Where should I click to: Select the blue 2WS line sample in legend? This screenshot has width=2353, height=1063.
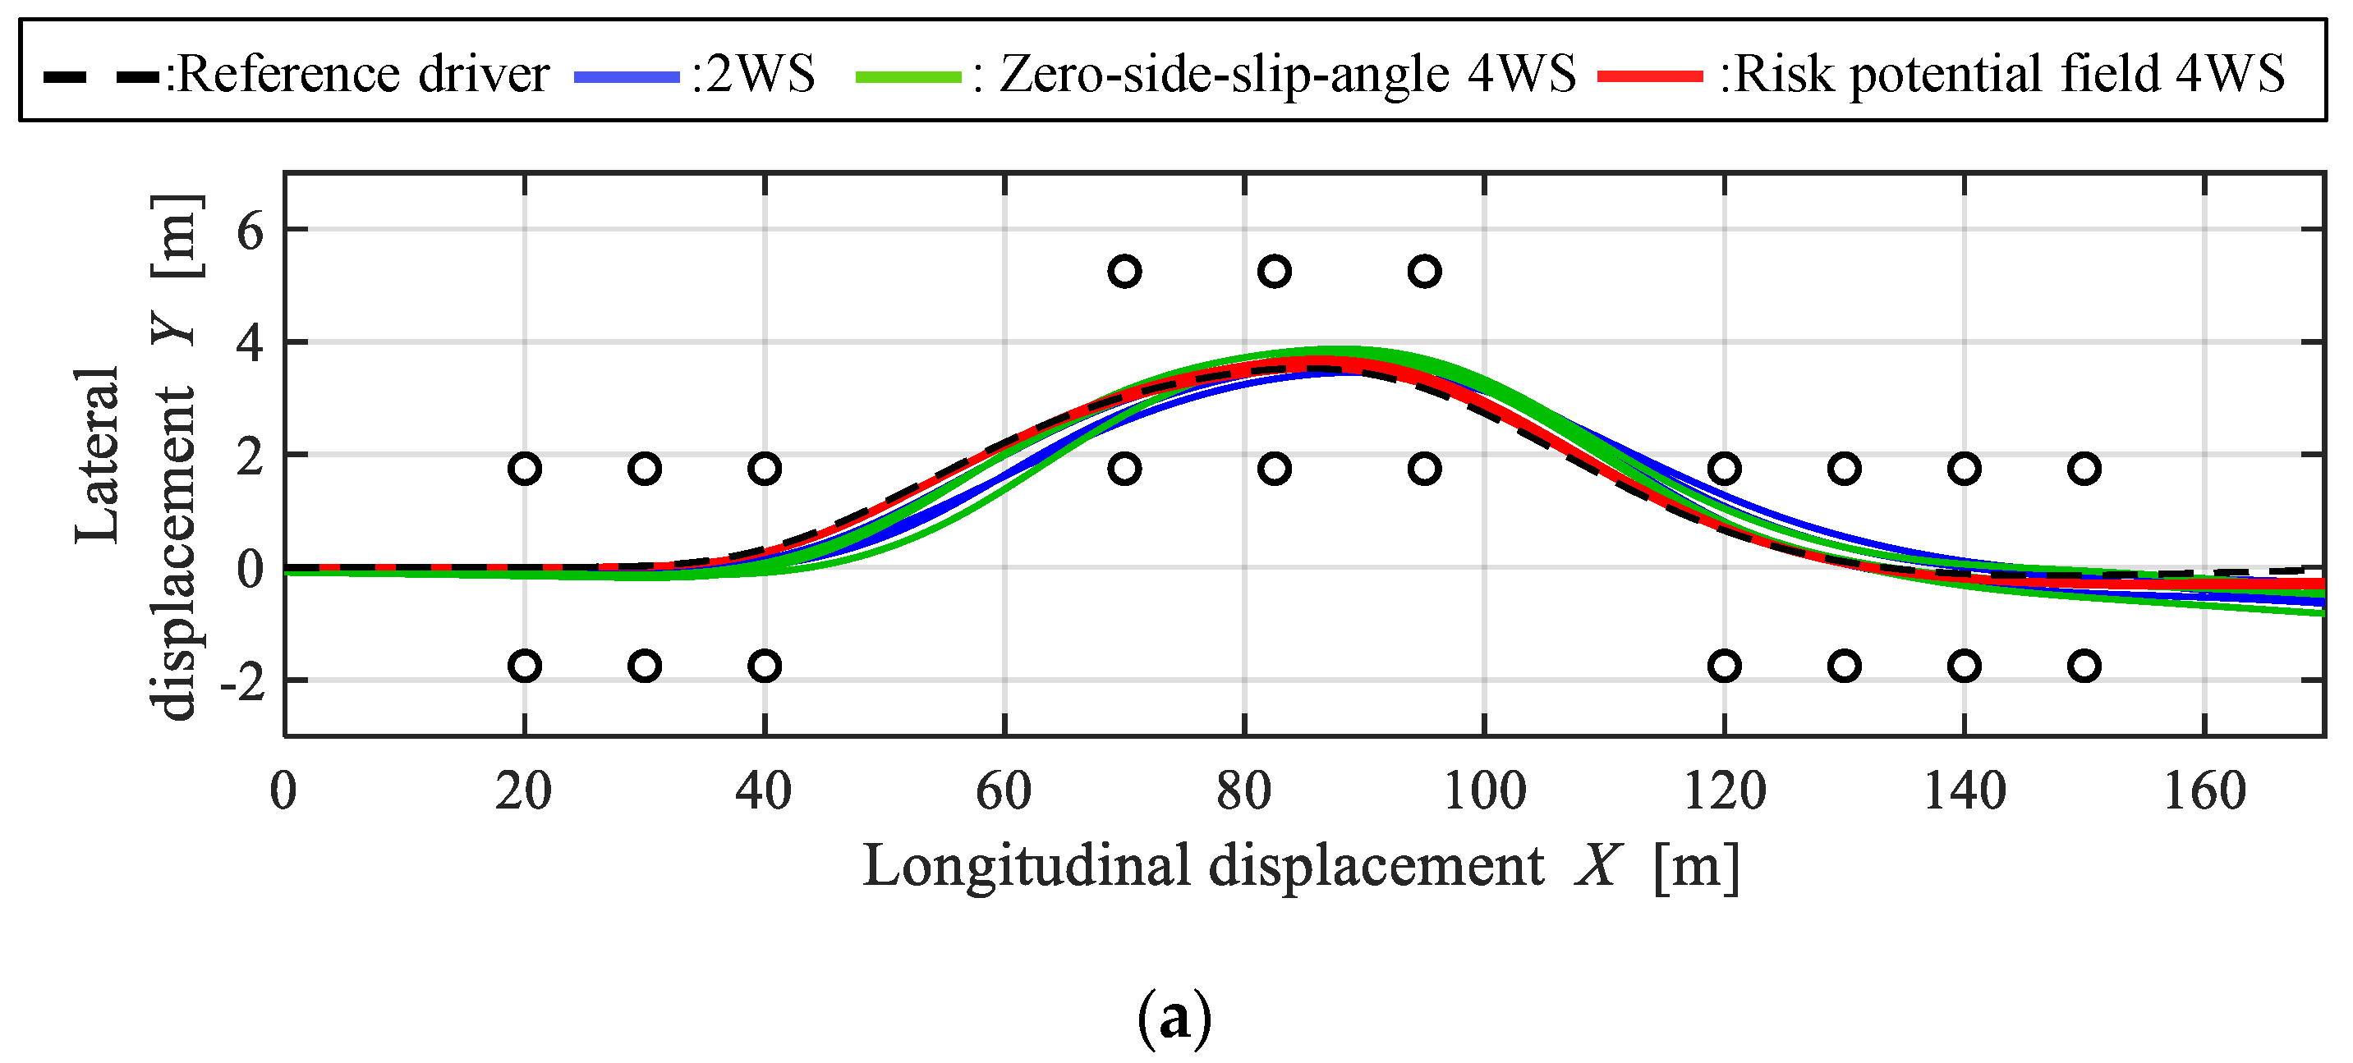[627, 76]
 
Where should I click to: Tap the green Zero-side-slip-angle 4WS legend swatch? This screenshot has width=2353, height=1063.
[908, 76]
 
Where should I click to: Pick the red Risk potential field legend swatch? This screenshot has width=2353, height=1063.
[1650, 76]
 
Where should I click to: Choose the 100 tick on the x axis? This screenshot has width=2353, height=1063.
[1483, 790]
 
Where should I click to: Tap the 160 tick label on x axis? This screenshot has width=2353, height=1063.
[2204, 790]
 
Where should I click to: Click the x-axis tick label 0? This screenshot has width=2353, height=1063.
[283, 790]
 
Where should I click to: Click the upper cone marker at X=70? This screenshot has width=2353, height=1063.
[1124, 271]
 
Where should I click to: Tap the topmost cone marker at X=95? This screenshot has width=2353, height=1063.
[1424, 271]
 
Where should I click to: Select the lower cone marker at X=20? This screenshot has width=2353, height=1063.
[524, 666]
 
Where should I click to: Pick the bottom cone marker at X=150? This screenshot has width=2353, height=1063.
[2084, 666]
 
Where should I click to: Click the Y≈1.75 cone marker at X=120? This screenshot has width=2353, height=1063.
[1724, 469]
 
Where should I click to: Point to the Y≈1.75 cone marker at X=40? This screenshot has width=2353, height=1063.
[765, 469]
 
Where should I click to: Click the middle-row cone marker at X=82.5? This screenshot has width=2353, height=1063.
[1275, 469]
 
